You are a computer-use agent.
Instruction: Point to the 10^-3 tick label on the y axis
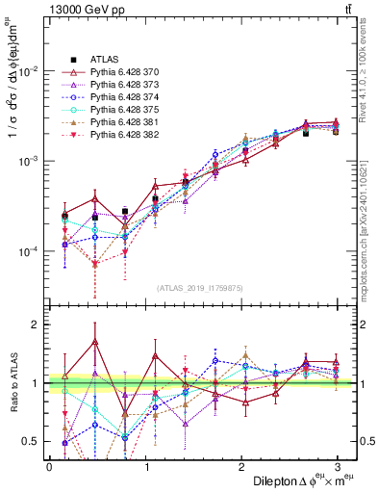click(27, 162)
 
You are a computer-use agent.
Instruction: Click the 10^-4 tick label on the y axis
click(27, 251)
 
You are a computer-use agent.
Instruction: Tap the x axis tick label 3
click(337, 467)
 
